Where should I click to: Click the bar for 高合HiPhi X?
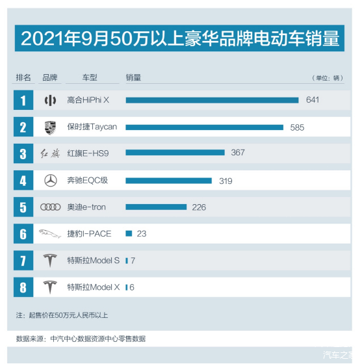click(x=212, y=100)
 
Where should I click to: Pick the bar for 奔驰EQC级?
click(x=168, y=180)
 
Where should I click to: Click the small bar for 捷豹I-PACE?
click(x=129, y=233)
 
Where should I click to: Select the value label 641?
click(x=312, y=100)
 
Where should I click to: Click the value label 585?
click(x=297, y=127)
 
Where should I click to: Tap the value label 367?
click(x=238, y=153)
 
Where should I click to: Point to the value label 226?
click(x=199, y=207)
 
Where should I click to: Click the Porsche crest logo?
click(x=50, y=127)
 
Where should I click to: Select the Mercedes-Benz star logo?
click(x=50, y=181)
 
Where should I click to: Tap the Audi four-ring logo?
click(x=50, y=207)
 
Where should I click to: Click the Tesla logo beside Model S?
click(x=50, y=261)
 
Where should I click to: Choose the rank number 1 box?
click(x=23, y=100)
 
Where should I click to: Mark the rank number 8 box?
click(x=23, y=287)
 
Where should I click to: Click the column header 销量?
click(x=133, y=77)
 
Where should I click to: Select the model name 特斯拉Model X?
click(x=93, y=287)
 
